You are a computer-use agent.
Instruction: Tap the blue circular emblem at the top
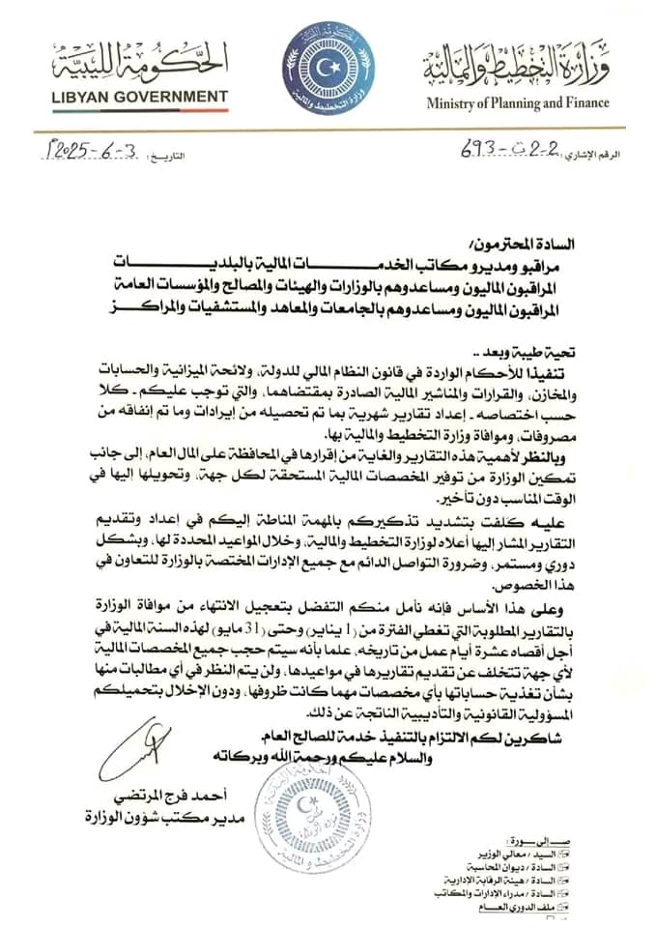click(327, 67)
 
